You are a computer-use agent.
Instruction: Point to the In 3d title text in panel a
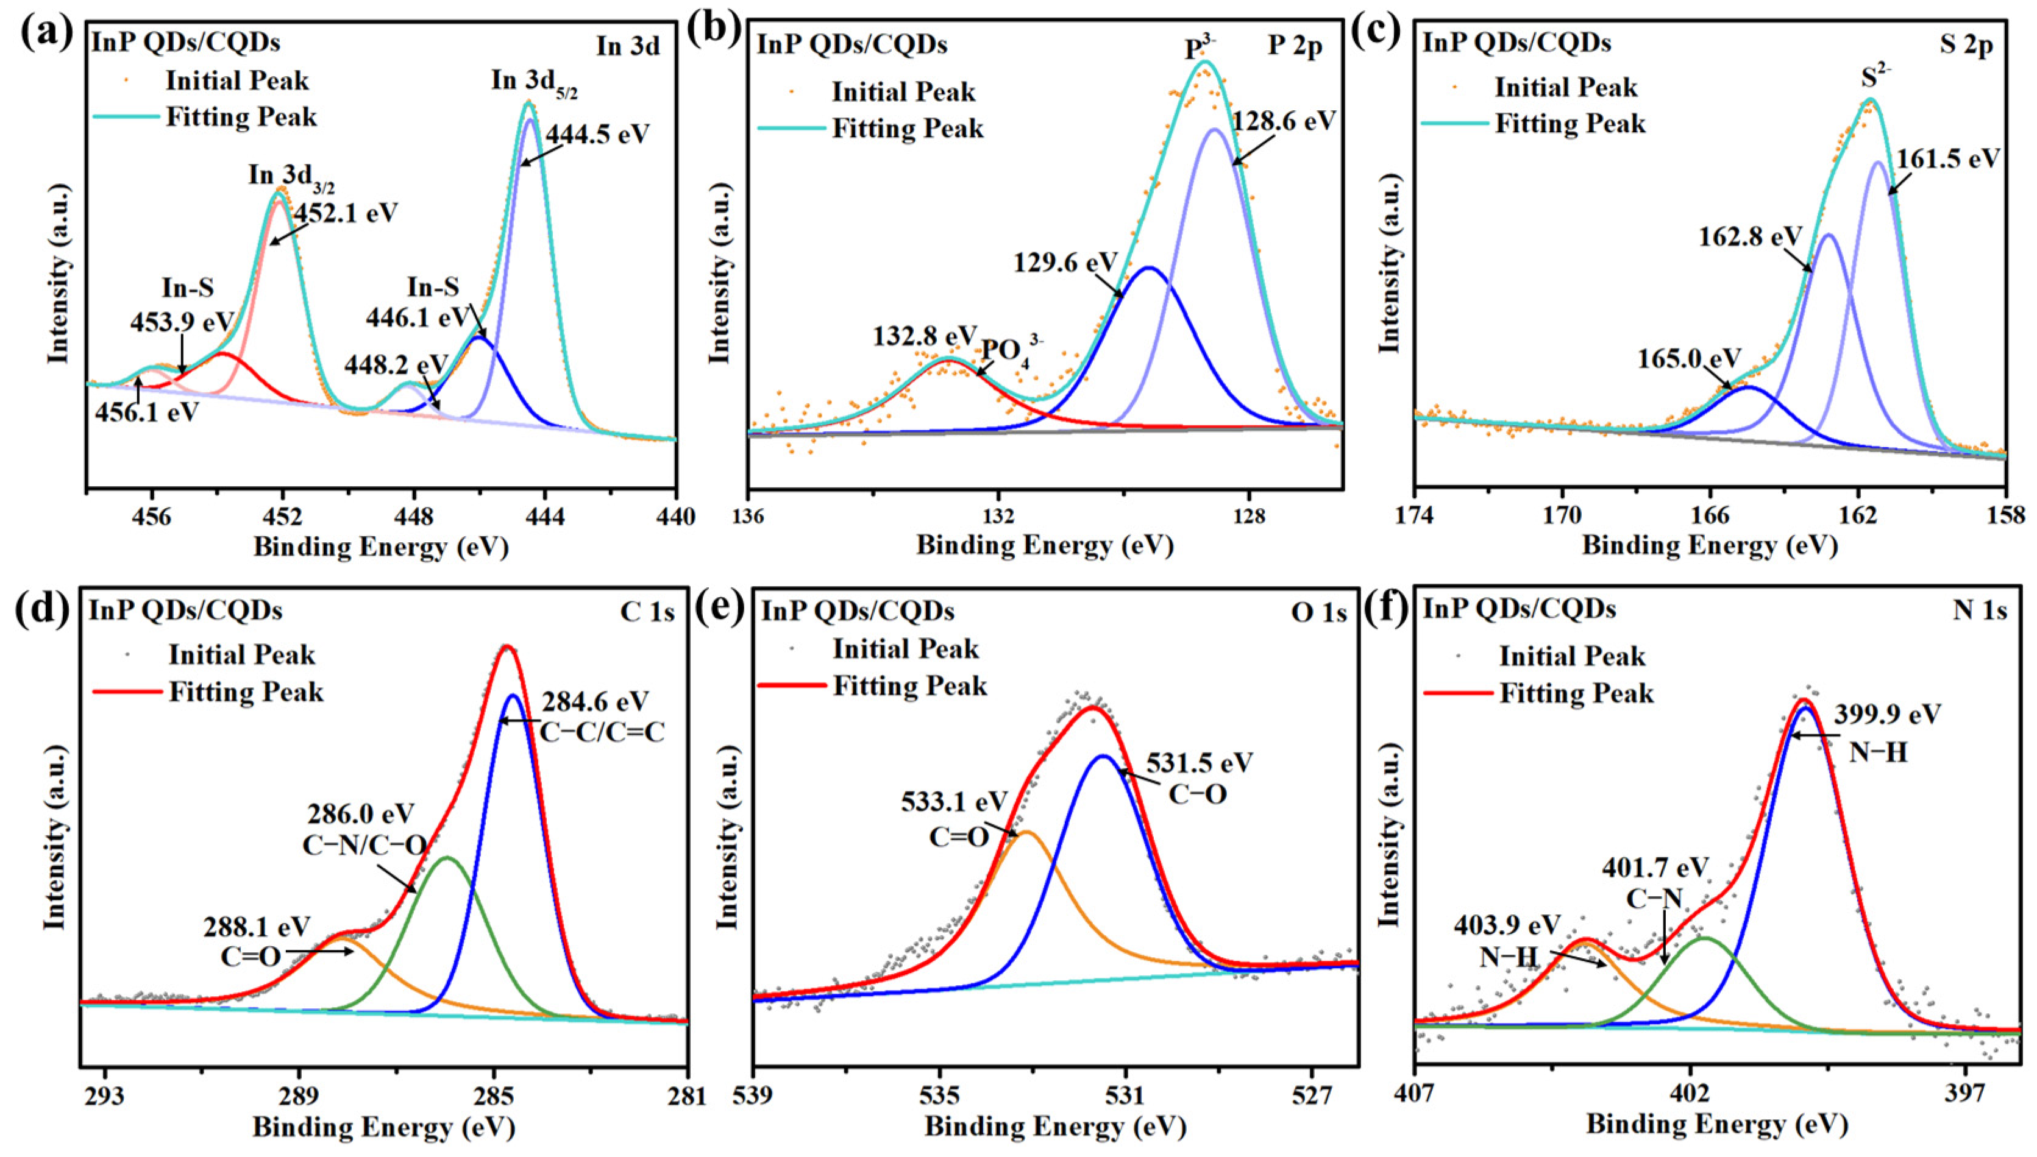628,47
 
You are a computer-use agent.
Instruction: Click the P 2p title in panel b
1295,46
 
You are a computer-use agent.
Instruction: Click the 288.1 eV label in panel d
257,927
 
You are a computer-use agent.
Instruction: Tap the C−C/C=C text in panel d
602,732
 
